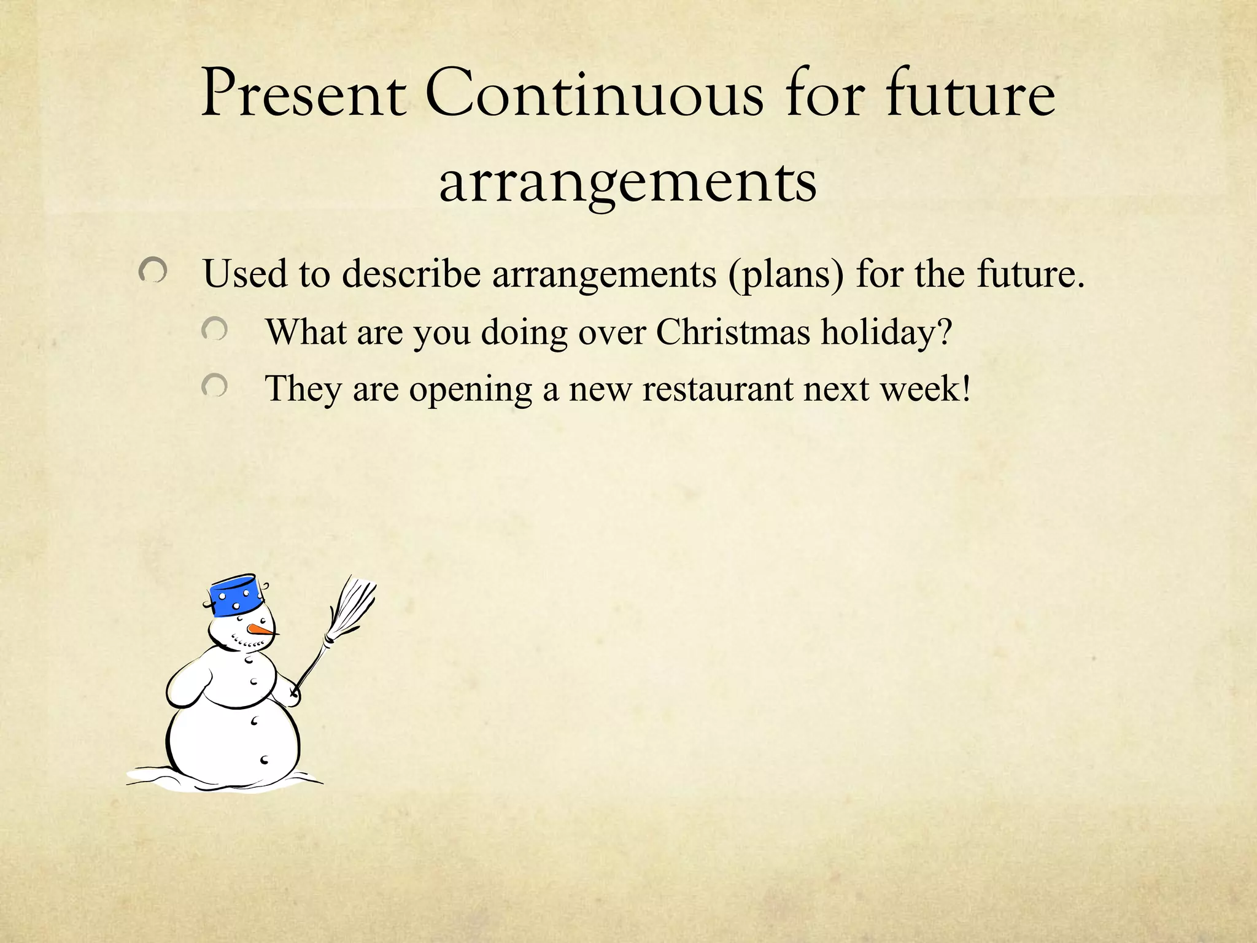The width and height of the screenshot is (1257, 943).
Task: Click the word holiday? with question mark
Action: coord(886,333)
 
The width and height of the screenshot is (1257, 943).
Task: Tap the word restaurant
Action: coord(717,389)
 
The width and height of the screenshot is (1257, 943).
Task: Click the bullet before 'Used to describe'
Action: coord(153,270)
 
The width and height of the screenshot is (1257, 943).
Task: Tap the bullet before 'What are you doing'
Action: coord(215,330)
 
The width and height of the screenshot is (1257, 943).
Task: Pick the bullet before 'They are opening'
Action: coord(215,386)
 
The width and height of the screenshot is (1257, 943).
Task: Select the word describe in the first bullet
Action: coord(411,273)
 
